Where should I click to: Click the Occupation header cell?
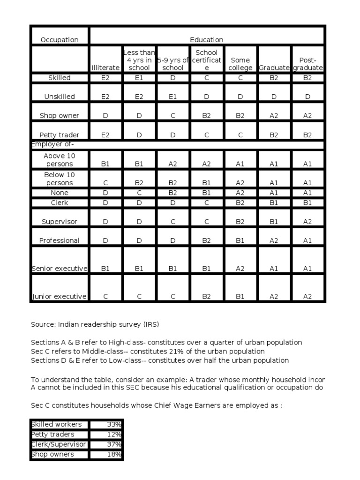coord(60,40)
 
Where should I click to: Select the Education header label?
coord(206,40)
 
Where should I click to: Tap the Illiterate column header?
coord(105,68)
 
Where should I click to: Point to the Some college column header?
coord(240,64)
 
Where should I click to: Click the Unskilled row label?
coord(60,97)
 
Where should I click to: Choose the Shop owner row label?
coord(60,116)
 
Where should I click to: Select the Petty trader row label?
coord(60,135)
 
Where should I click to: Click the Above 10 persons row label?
coord(60,160)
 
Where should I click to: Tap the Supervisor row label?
coord(60,221)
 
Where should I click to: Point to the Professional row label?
coord(60,240)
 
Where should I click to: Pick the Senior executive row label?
coord(60,269)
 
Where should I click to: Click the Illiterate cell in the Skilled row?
coord(105,78)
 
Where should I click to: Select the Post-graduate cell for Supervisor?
coord(307,221)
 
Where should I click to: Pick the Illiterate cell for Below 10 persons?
coord(105,183)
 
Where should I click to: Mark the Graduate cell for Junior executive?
coord(274,296)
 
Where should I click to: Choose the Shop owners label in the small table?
coord(53,454)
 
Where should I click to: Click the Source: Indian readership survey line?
coord(98,324)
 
